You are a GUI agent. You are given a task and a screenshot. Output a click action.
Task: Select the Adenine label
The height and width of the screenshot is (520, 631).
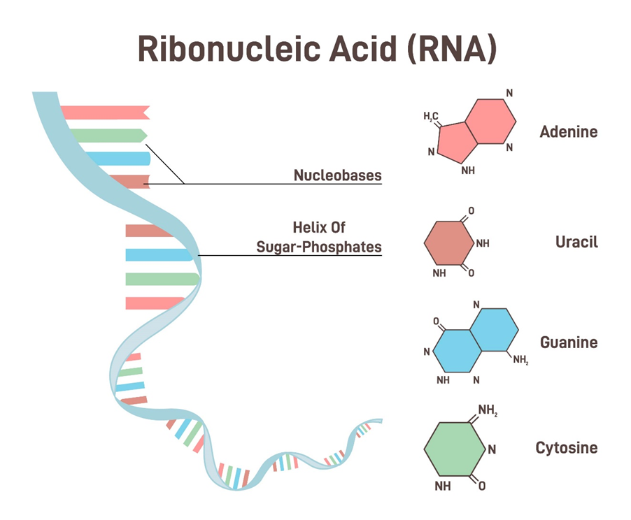click(x=568, y=131)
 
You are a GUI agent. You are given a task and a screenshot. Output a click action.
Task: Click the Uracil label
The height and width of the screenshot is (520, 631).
click(x=576, y=243)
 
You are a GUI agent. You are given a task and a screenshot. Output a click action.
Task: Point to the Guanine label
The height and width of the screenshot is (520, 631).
click(x=568, y=342)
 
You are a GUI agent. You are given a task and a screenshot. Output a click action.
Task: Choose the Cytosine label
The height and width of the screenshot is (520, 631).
click(x=566, y=448)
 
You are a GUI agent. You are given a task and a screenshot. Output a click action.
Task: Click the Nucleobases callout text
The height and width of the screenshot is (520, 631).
click(x=338, y=175)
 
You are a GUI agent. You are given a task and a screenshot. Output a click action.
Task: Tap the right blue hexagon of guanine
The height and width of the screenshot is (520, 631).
click(x=493, y=331)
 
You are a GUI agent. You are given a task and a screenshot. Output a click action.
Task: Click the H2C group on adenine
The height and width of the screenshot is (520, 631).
click(x=431, y=116)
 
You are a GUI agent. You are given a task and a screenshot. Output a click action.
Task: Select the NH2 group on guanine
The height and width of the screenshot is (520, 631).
click(x=520, y=361)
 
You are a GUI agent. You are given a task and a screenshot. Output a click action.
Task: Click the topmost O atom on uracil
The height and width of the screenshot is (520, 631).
click(x=471, y=210)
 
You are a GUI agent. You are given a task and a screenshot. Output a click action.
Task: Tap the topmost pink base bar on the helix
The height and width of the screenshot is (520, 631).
click(x=105, y=112)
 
